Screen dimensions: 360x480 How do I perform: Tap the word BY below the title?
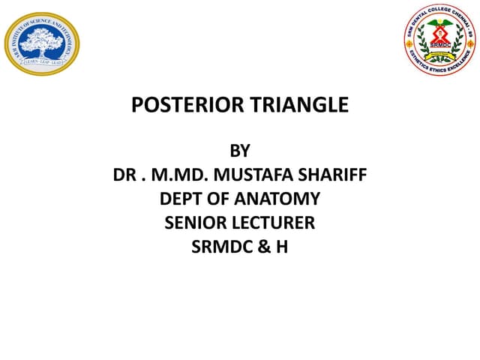tap(239, 152)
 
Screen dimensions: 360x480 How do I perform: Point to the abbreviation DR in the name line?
tap(124, 176)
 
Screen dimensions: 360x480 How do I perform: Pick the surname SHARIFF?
tap(334, 176)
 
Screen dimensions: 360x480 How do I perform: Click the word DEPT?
tap(182, 199)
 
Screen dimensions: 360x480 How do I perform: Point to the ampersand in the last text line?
tap(265, 245)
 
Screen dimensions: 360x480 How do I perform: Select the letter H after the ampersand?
tap(281, 245)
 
